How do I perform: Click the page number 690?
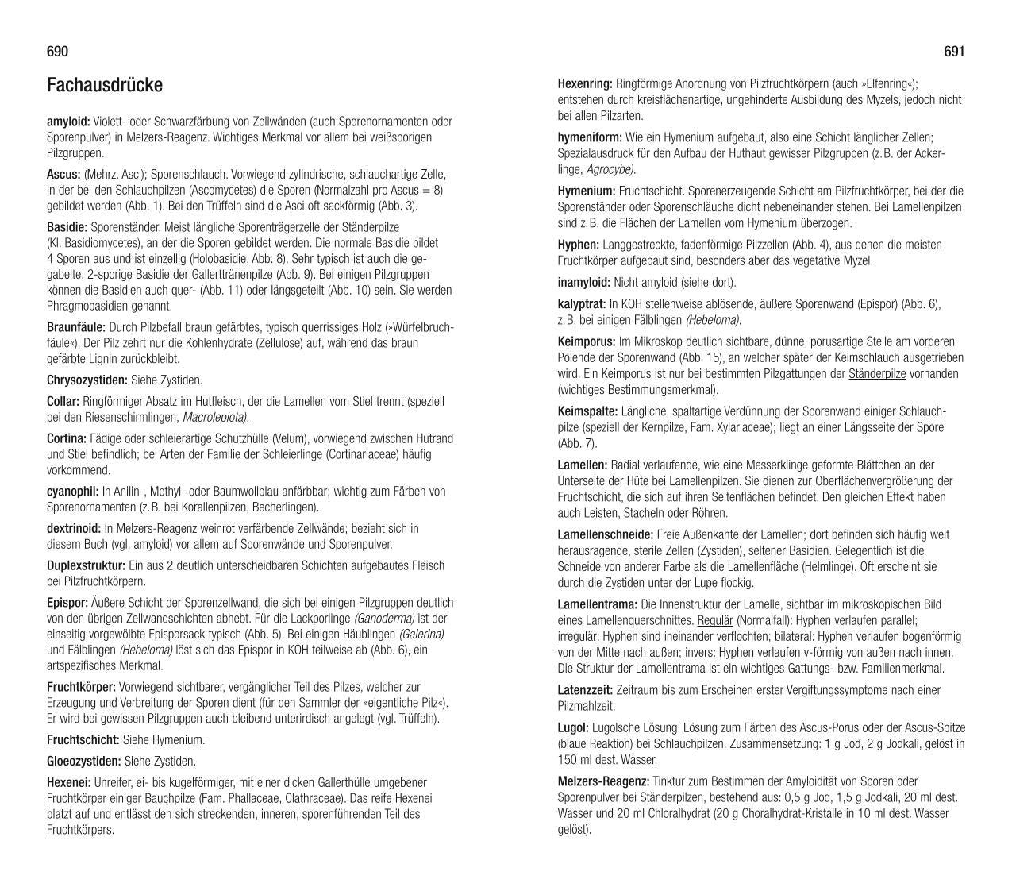coord(58,52)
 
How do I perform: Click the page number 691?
coord(954,52)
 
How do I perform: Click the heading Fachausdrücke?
coord(105,85)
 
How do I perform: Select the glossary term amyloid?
coord(68,121)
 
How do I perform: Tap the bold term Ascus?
coord(63,175)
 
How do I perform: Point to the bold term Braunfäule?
coord(76,327)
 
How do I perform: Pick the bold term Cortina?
coord(67,438)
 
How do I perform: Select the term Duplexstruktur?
coord(86,566)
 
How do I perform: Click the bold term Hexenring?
coord(585,84)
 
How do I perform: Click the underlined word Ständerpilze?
coord(877,374)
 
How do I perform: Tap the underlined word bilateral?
coord(793,637)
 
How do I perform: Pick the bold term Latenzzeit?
coord(586,690)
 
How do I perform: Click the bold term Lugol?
coord(573,728)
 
